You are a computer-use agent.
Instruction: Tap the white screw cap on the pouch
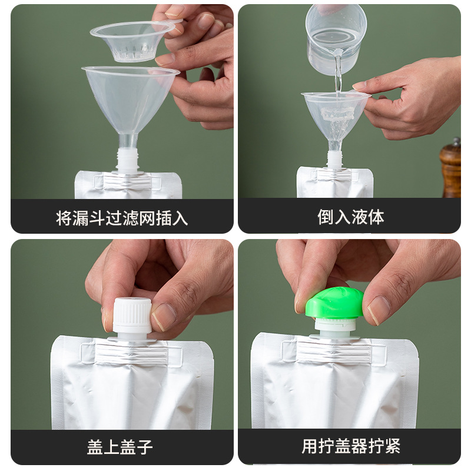pos(132,316)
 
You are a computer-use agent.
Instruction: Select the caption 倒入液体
pos(350,217)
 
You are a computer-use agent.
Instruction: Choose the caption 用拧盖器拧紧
pos(351,446)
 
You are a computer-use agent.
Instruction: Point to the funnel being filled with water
pos(335,115)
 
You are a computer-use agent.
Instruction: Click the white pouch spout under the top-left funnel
pos(127,160)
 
